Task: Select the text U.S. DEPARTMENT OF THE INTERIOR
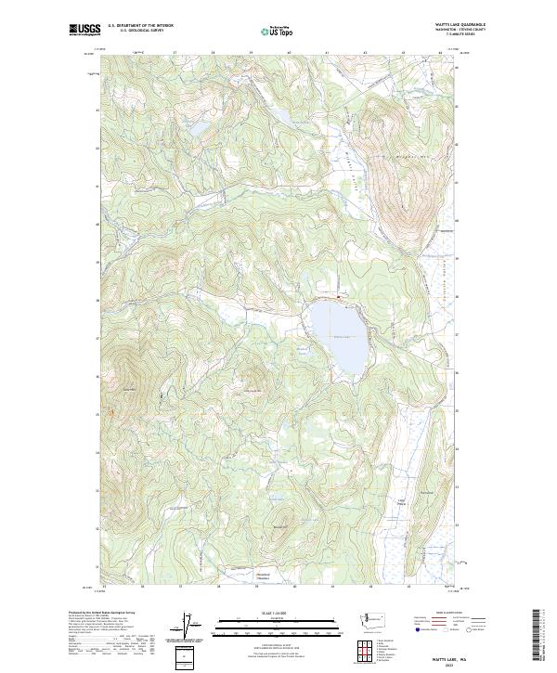click(x=140, y=25)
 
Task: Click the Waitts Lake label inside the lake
click(x=342, y=336)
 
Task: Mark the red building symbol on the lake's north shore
click(x=340, y=297)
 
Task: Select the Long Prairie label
click(x=402, y=502)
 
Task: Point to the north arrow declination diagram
click(x=185, y=626)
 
